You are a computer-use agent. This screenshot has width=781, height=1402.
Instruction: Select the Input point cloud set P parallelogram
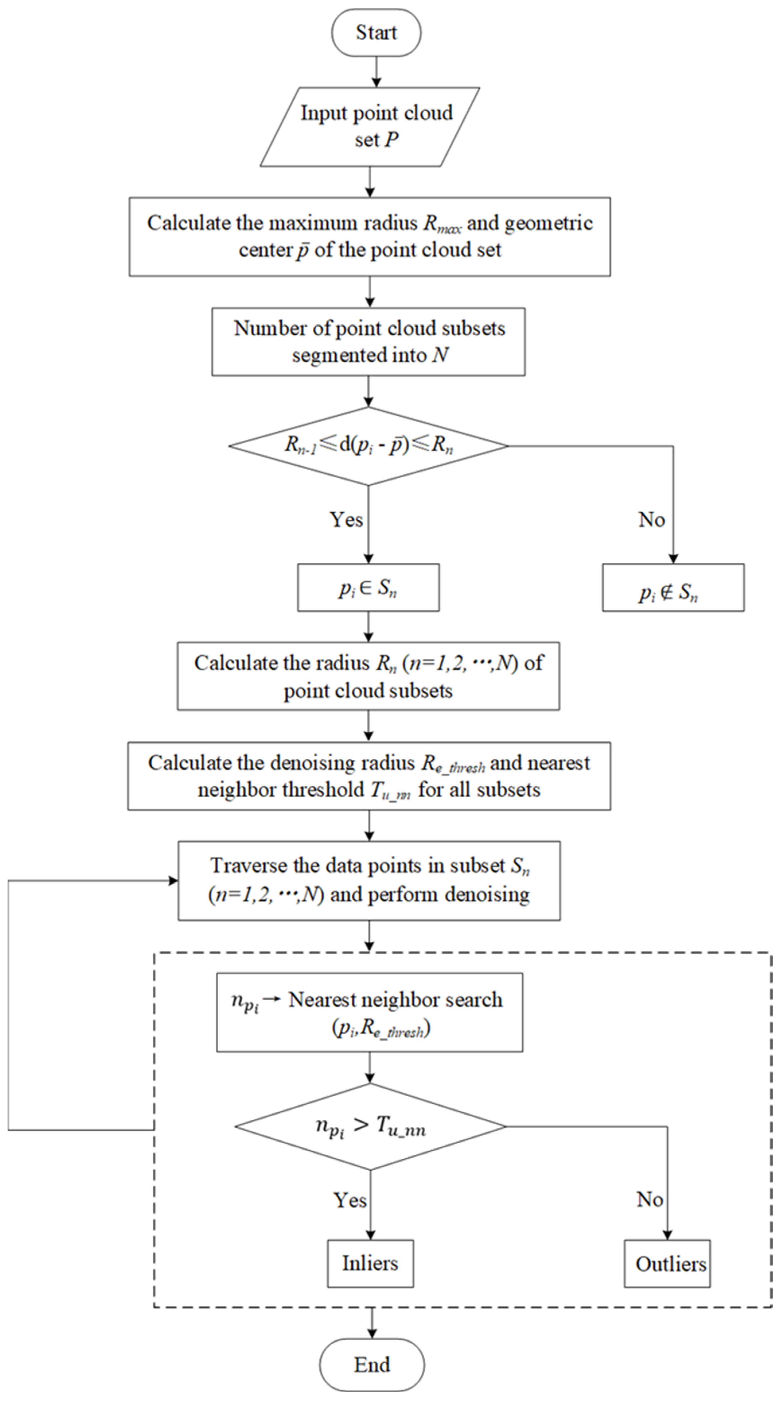370,126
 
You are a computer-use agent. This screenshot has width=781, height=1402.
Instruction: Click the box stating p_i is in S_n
369,588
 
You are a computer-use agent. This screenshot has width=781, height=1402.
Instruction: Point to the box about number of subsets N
369,342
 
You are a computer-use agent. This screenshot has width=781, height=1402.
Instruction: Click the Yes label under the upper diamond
346,520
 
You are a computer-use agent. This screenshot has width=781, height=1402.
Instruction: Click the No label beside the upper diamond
651,520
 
